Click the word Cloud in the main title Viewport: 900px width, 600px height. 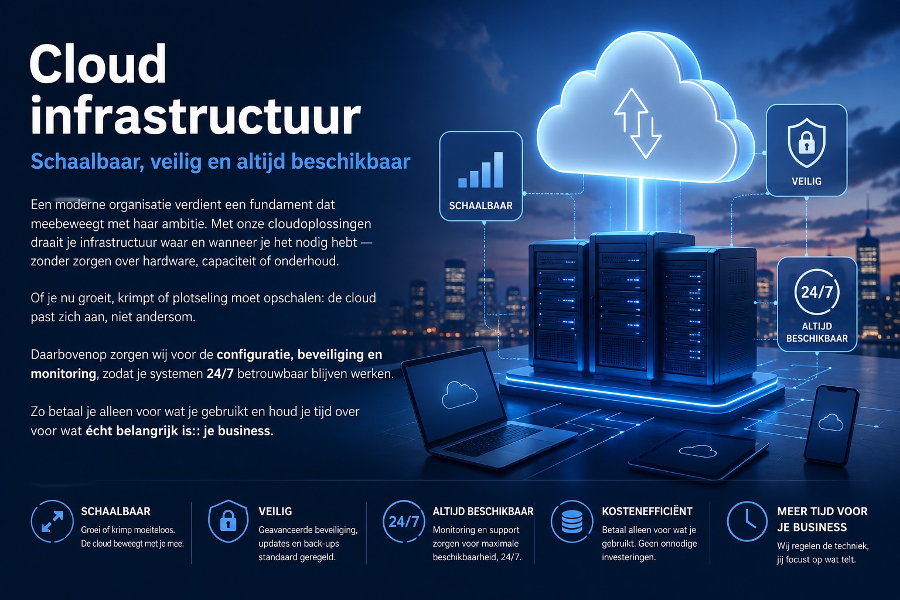[x=98, y=64]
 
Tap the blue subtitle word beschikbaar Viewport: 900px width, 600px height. [x=350, y=162]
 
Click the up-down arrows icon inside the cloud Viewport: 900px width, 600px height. [x=637, y=123]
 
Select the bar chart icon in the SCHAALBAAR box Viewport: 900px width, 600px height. [x=480, y=170]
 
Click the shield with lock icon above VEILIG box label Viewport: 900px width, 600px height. [x=806, y=142]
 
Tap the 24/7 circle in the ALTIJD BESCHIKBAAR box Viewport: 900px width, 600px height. [x=817, y=292]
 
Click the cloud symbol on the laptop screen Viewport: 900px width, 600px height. [x=459, y=395]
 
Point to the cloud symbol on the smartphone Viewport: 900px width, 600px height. [x=830, y=422]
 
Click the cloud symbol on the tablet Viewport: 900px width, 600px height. [x=697, y=451]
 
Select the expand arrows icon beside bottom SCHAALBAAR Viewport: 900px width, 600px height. [x=52, y=521]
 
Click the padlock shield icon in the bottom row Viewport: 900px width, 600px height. [x=228, y=521]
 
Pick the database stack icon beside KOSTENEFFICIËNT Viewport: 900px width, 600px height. [x=572, y=521]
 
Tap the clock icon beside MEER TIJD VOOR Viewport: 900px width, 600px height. [x=747, y=521]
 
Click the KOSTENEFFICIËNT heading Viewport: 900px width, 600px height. [x=647, y=511]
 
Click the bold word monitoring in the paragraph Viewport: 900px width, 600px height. [x=63, y=374]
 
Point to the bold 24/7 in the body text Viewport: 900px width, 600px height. [x=220, y=374]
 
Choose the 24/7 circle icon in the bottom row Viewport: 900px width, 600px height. [x=404, y=521]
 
